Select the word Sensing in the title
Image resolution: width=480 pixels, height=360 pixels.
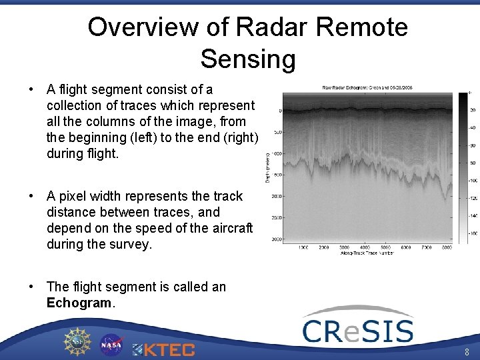click(248, 59)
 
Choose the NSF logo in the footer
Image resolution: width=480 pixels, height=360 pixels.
click(77, 341)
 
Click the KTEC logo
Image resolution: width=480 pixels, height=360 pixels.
click(163, 349)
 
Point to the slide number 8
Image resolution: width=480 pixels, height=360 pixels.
click(467, 352)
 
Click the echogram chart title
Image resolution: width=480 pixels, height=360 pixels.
click(367, 87)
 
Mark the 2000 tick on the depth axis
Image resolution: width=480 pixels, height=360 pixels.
click(277, 197)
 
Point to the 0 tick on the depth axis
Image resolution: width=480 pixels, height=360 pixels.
click(279, 111)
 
